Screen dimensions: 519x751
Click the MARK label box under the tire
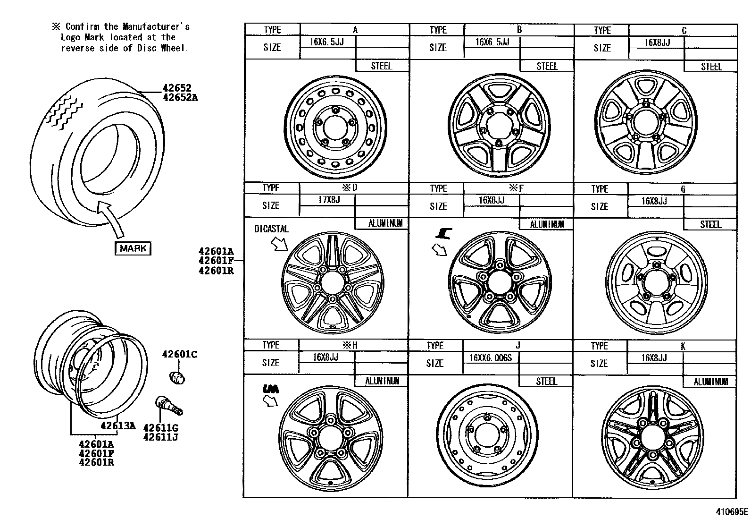point(133,248)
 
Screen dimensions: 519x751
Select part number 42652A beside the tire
point(180,98)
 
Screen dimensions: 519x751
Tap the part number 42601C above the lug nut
point(180,355)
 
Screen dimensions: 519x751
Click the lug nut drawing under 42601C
point(177,377)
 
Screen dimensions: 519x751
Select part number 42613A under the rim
point(118,426)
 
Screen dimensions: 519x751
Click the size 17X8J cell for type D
point(328,200)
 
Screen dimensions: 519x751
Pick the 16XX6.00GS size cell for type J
point(491,357)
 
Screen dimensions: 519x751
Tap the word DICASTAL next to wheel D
point(271,229)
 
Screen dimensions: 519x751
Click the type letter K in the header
point(683,346)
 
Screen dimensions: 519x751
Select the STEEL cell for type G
point(710,224)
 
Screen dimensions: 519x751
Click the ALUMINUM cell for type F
point(547,224)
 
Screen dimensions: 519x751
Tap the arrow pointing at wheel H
point(271,401)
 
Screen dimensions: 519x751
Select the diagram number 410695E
point(731,511)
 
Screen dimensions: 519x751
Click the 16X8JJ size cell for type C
point(657,43)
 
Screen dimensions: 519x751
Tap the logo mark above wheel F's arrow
point(445,233)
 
